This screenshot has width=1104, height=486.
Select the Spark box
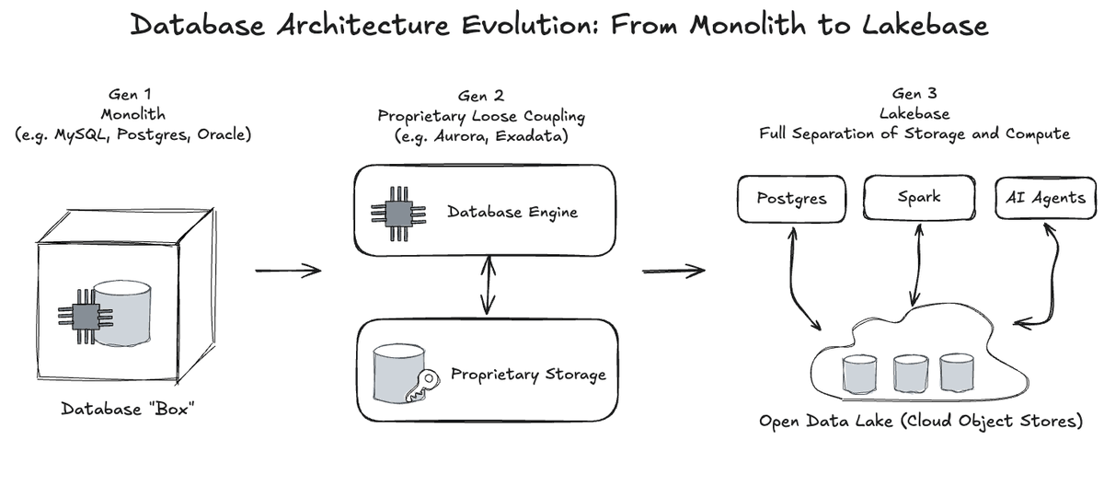coord(919,199)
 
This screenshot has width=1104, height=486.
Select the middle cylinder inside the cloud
coord(908,373)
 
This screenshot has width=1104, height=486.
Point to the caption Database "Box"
coord(129,408)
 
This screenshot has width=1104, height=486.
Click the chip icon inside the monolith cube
coord(86,316)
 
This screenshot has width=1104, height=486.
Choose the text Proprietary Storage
coord(528,375)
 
